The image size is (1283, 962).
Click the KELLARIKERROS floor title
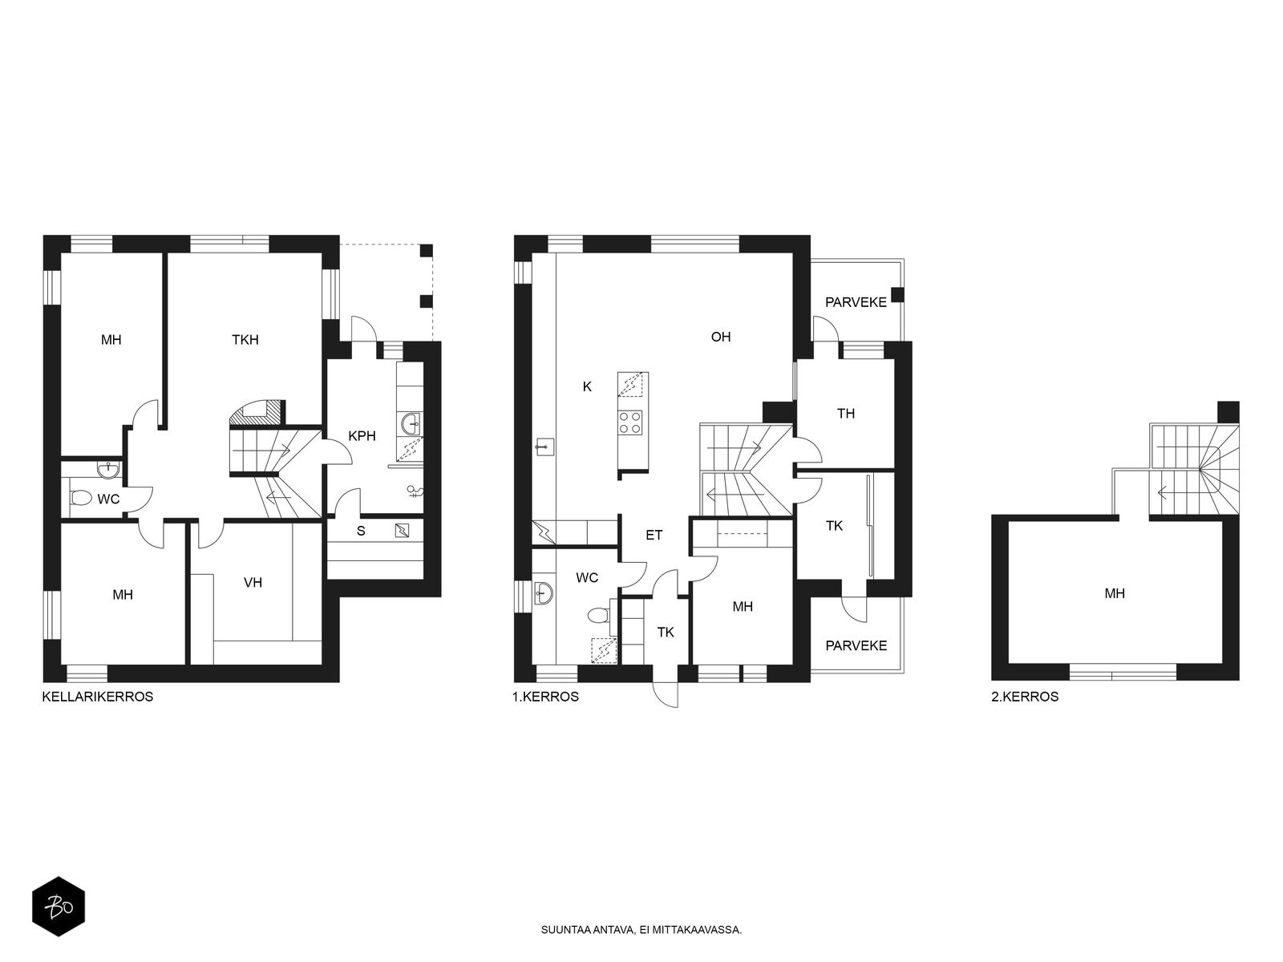click(98, 697)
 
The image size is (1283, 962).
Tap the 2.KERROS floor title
click(1025, 697)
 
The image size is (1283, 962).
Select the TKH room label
click(245, 340)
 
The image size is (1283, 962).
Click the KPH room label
click(362, 436)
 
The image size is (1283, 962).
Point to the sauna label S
click(361, 531)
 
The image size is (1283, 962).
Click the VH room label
click(253, 582)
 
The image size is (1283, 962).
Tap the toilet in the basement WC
click(81, 498)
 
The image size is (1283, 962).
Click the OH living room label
click(721, 337)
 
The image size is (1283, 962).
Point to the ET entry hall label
click(654, 535)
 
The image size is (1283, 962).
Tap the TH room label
click(846, 414)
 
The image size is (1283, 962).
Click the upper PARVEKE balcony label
click(856, 302)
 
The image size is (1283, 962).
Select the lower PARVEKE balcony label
click(856, 646)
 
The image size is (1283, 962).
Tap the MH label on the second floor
click(1115, 594)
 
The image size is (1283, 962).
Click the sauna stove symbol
click(403, 531)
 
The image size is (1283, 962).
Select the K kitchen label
click(588, 386)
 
